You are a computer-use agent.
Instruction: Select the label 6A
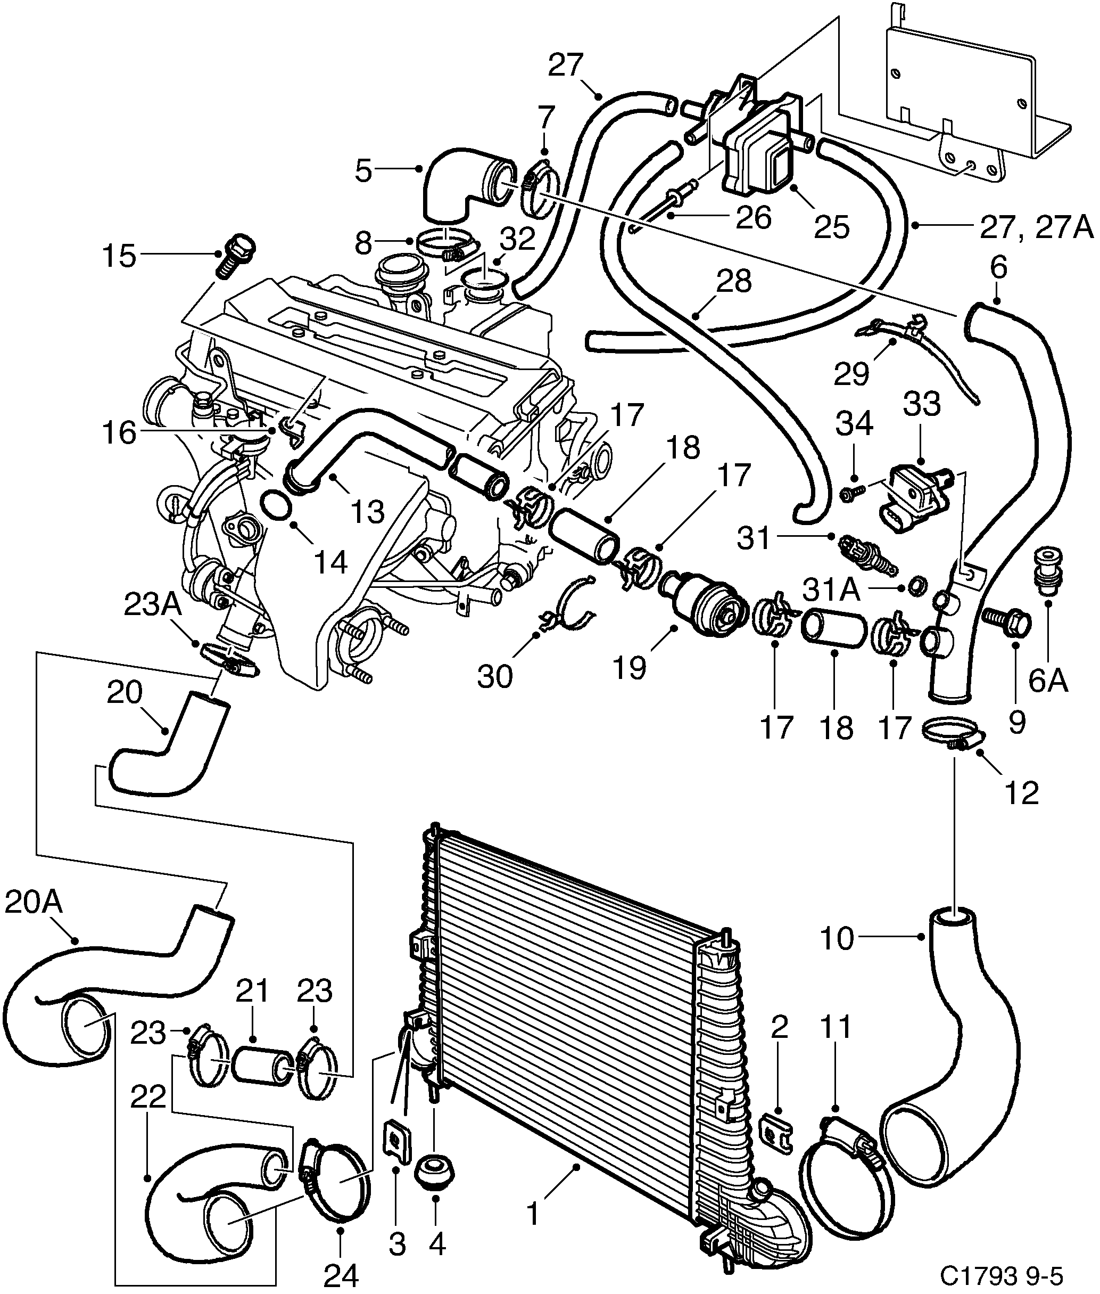[1048, 681]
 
